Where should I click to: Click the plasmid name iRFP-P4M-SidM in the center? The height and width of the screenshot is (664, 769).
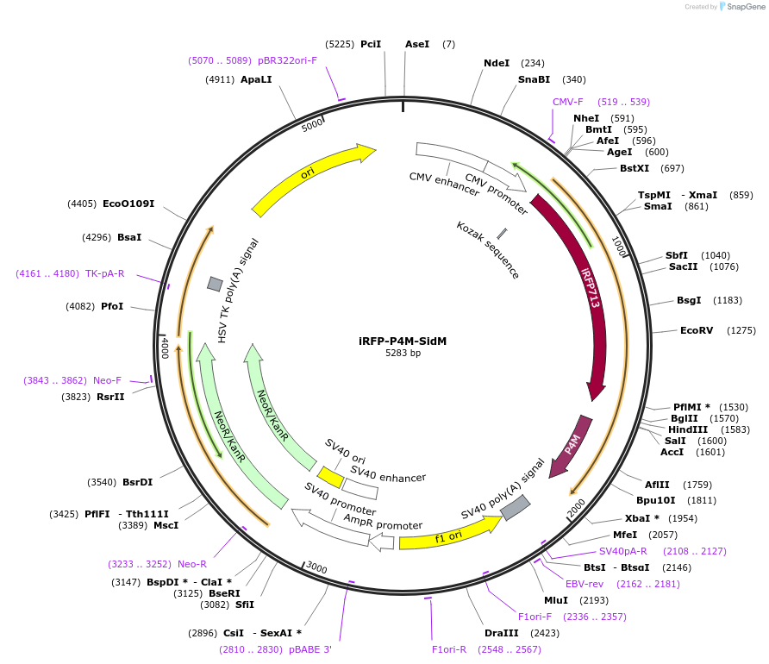(x=403, y=341)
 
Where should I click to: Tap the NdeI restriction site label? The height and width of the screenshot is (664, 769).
(x=497, y=63)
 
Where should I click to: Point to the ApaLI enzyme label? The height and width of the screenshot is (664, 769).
(x=256, y=79)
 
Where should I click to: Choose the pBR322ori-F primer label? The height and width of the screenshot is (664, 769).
(x=288, y=60)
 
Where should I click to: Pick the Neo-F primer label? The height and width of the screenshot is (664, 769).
(x=108, y=380)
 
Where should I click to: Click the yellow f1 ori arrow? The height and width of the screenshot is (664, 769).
(x=448, y=536)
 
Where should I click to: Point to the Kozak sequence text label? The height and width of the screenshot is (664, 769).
(x=488, y=249)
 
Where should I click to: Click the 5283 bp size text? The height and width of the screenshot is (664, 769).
(x=403, y=354)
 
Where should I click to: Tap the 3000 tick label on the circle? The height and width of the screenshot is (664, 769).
(x=316, y=567)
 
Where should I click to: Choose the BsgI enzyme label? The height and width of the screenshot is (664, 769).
(x=691, y=300)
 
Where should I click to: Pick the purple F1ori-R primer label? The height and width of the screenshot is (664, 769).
(x=448, y=649)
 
